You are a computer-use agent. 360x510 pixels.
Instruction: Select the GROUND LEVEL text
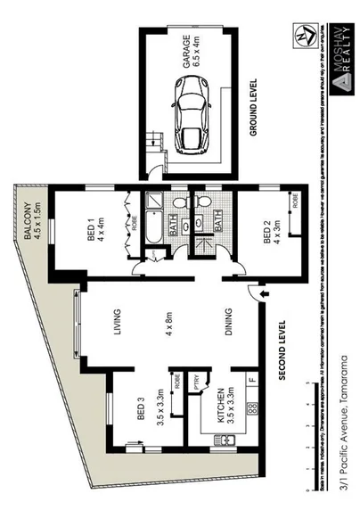pos(254,108)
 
